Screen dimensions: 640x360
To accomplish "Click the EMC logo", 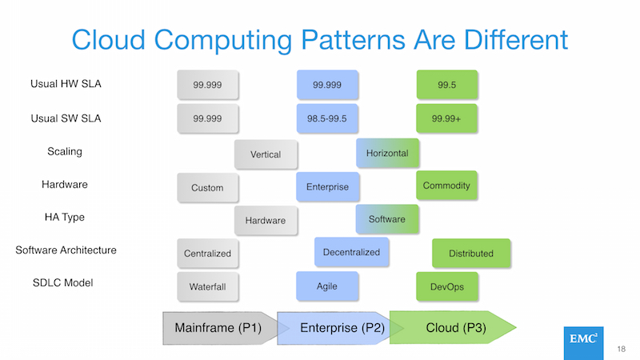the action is coord(583,343).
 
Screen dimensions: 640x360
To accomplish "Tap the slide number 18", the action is coord(622,349).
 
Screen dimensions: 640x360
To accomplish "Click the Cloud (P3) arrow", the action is coord(453,327).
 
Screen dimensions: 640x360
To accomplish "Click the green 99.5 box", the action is coord(447,85).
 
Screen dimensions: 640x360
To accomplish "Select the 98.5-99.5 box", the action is coord(327,118).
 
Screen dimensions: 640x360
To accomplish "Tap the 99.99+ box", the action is coord(446,118).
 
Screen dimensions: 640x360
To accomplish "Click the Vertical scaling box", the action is coord(266,154).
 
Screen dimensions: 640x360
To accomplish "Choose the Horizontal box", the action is coord(387,153).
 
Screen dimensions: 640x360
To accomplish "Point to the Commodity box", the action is coord(446,186).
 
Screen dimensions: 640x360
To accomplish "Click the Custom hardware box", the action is coord(208,188).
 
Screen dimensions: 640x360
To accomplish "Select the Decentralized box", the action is coord(351,252).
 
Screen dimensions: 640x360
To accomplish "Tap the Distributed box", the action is coord(471,254).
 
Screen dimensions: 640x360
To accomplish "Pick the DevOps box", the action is coord(447,287).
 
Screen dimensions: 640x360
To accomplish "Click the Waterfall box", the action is coord(208,287).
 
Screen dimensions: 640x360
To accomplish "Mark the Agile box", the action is coord(327,286).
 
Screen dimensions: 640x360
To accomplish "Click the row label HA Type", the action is coord(65,217).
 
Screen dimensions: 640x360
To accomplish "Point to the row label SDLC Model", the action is coord(63,282).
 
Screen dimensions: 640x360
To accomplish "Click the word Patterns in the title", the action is coord(353,39).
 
